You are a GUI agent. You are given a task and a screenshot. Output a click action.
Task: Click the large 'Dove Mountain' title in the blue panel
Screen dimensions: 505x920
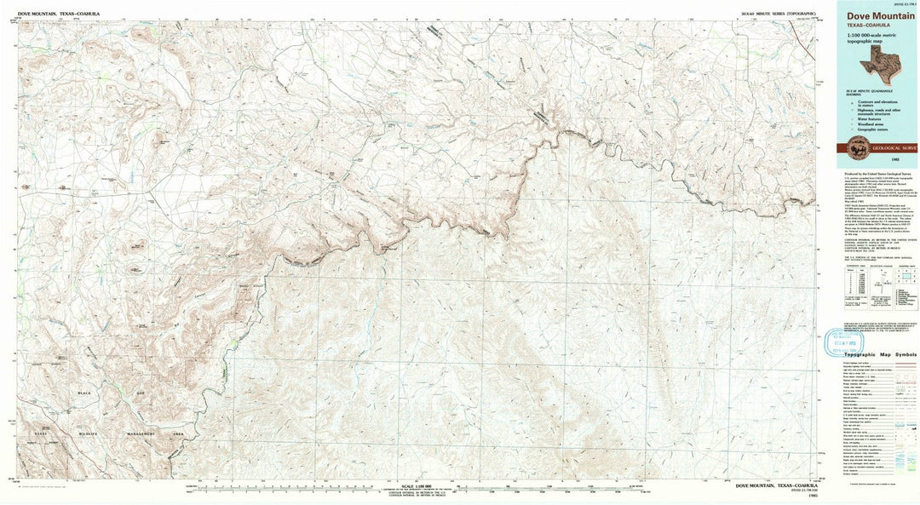[x=881, y=15]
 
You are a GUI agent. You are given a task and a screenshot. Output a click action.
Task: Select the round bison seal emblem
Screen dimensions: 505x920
[x=855, y=146]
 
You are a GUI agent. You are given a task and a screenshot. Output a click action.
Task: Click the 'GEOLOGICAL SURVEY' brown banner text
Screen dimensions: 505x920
[x=891, y=146]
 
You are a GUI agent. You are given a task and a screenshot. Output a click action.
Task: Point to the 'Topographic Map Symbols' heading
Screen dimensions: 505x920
[x=880, y=353]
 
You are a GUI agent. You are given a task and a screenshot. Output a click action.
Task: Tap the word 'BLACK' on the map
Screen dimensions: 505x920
[x=84, y=393]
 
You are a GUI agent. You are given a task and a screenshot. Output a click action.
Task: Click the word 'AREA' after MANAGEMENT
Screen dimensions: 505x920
[x=178, y=433]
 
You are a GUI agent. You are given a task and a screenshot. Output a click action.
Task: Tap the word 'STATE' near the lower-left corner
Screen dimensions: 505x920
[x=40, y=433]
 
